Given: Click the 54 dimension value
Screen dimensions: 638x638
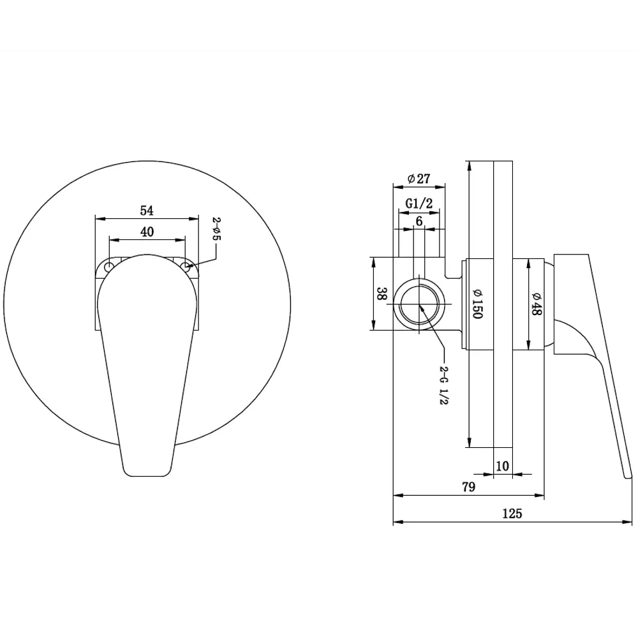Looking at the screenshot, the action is tap(147, 211).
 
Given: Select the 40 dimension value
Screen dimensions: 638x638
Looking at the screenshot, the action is tap(147, 232).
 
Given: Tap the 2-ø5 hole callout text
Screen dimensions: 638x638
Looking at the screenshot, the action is tap(216, 228).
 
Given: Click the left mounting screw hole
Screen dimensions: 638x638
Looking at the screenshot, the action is tap(108, 267).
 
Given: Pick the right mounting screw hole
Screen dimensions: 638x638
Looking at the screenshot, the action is tap(185, 267).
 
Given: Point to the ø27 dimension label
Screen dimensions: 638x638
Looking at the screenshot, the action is tap(419, 178).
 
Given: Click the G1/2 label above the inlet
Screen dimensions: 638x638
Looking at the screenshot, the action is tap(419, 203).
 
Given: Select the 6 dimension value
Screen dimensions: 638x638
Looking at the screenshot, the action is tap(419, 221).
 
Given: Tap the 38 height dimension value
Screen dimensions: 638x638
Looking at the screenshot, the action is tap(382, 293).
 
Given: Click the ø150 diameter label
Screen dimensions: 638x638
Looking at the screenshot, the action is tap(477, 304).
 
